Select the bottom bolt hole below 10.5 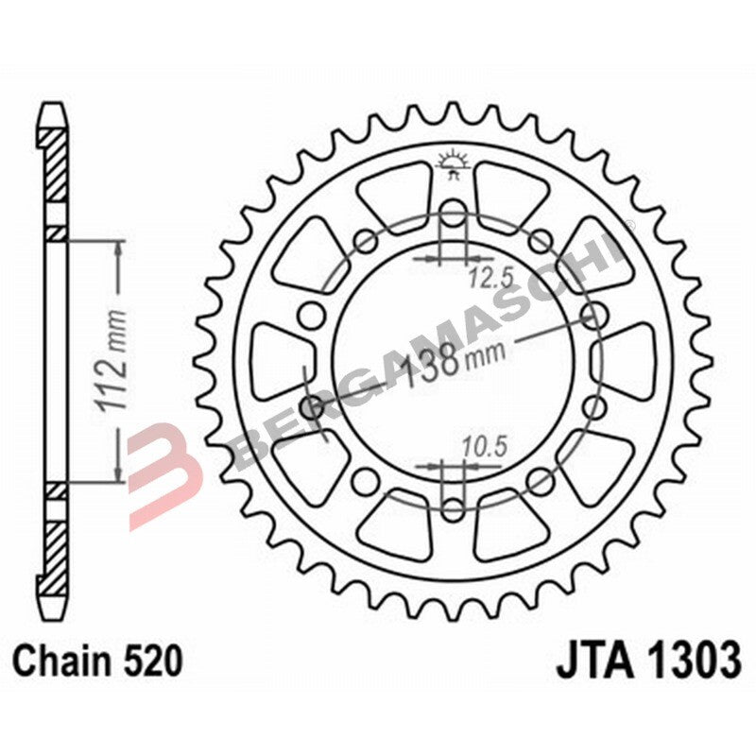click(x=454, y=508)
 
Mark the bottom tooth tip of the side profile click(x=56, y=605)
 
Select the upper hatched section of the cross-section click(x=57, y=165)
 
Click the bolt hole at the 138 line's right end click(x=595, y=313)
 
